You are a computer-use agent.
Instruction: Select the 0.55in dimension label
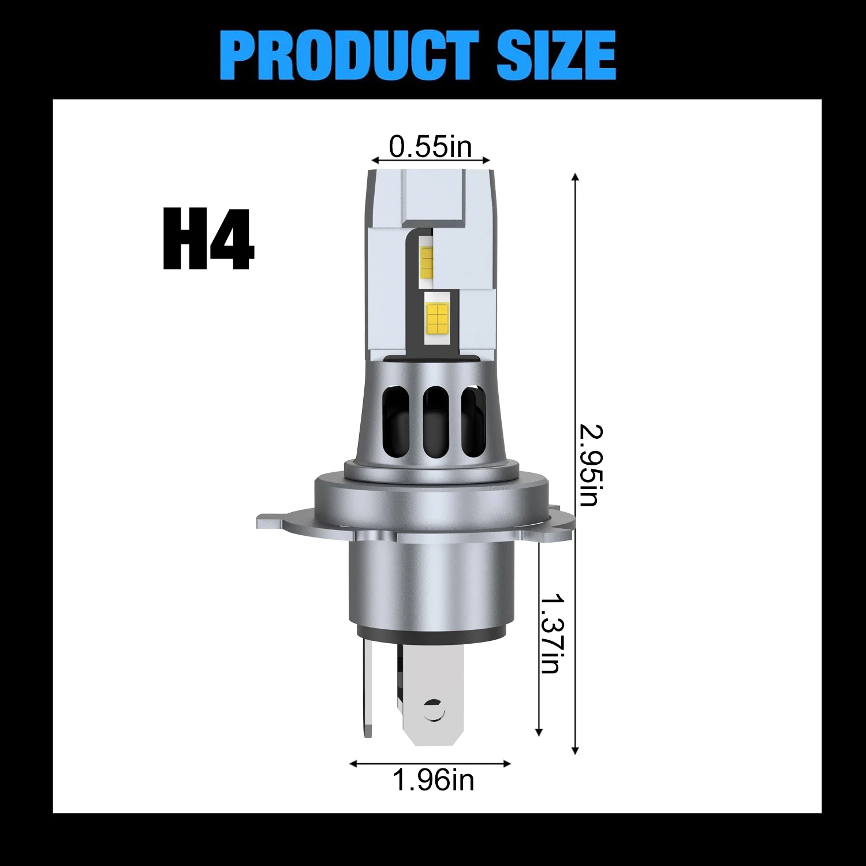(x=431, y=146)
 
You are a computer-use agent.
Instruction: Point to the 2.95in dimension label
(x=591, y=465)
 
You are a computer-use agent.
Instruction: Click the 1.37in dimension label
(x=551, y=633)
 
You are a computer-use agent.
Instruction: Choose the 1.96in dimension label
(x=433, y=780)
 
